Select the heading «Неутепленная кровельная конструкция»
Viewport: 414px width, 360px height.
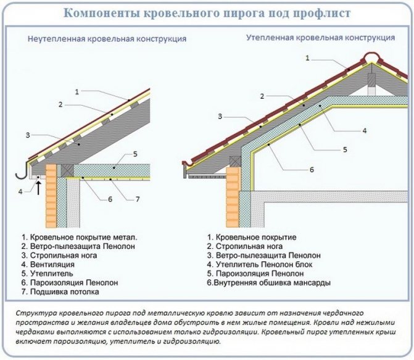coord(107,39)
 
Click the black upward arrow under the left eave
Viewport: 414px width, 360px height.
coord(39,187)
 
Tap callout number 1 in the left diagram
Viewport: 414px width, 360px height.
coord(77,92)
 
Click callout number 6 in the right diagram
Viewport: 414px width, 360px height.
coord(312,169)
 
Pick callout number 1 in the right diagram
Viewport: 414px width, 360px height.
coord(308,57)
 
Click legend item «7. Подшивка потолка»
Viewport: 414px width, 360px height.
coord(60,290)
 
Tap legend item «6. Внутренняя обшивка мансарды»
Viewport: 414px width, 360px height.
coord(269,282)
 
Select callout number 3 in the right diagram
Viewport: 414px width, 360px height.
coord(220,116)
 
